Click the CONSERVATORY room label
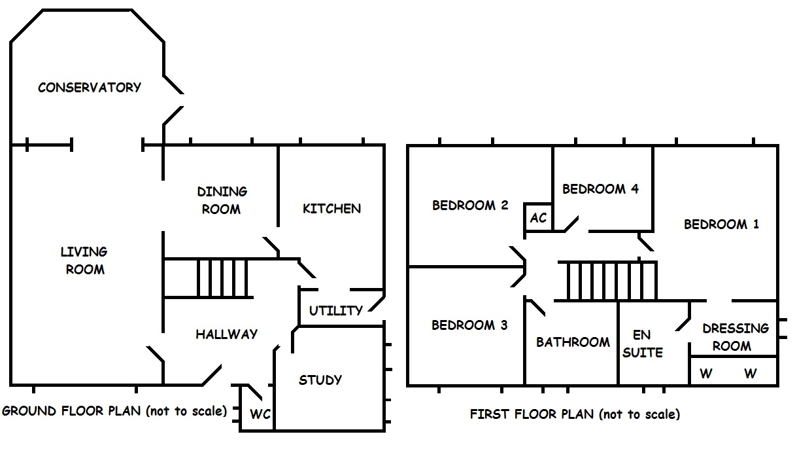tap(90, 87)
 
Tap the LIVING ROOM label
tap(84, 260)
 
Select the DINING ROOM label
tap(222, 200)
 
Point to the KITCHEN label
tap(331, 208)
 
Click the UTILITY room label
tap(335, 310)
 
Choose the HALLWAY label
tap(226, 334)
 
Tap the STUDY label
tap(320, 380)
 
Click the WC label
tap(260, 414)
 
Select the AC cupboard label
tap(538, 217)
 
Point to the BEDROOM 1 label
tap(721, 224)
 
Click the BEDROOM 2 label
tap(470, 206)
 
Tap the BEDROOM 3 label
tap(469, 325)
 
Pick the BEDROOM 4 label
tap(600, 189)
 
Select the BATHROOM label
tap(573, 342)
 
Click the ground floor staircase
tap(222, 278)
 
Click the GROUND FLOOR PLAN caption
tap(114, 411)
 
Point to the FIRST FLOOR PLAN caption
tap(575, 414)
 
